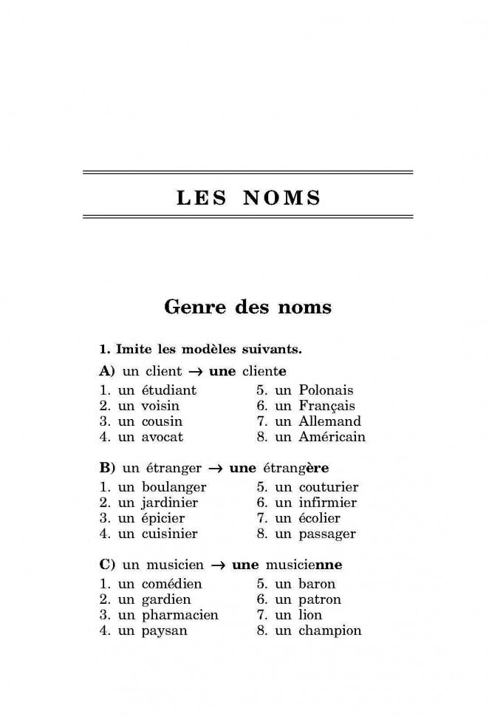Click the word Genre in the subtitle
(x=196, y=306)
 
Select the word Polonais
(x=326, y=390)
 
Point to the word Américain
(x=332, y=437)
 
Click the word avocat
(x=162, y=437)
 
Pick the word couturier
(x=329, y=487)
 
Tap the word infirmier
(x=327, y=503)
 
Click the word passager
(x=327, y=534)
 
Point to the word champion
(x=329, y=631)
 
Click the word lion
(x=310, y=615)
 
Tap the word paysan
(x=164, y=631)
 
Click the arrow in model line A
(x=196, y=371)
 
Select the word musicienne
(x=302, y=565)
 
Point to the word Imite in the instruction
(x=131, y=347)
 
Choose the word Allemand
(x=329, y=421)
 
